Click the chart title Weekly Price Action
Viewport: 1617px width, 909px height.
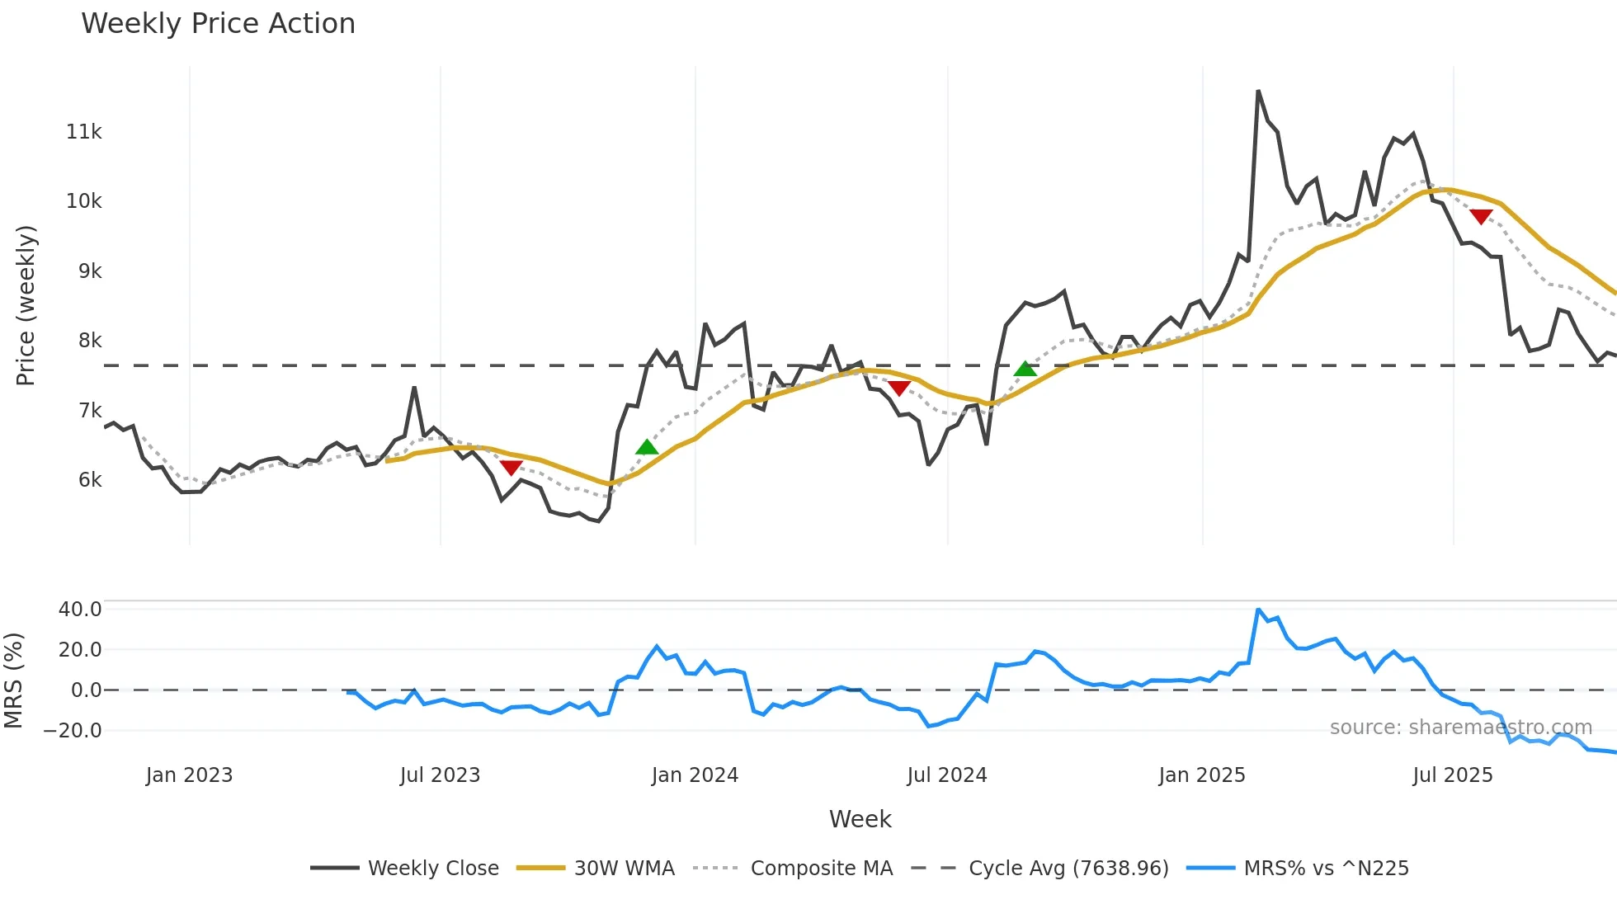pyautogui.click(x=218, y=24)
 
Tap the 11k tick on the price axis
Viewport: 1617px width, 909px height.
pyautogui.click(x=83, y=131)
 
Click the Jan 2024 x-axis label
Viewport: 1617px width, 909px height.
pyautogui.click(x=695, y=775)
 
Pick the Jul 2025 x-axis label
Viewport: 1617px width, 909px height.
pyautogui.click(x=1452, y=775)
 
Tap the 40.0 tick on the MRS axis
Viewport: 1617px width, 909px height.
pyautogui.click(x=80, y=610)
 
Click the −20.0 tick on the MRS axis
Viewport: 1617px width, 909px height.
pyautogui.click(x=73, y=730)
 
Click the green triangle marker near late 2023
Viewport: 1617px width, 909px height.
pyautogui.click(x=647, y=448)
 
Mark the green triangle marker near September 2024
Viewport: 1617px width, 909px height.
pyautogui.click(x=1025, y=370)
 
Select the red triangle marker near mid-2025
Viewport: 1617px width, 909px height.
pyautogui.click(x=1481, y=216)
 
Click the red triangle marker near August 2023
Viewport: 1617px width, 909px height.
pyautogui.click(x=511, y=468)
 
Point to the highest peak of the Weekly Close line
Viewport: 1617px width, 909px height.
pyautogui.click(x=1258, y=91)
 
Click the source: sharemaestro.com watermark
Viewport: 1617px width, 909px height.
pyautogui.click(x=1460, y=728)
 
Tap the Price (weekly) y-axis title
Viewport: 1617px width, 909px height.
pyautogui.click(x=26, y=305)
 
